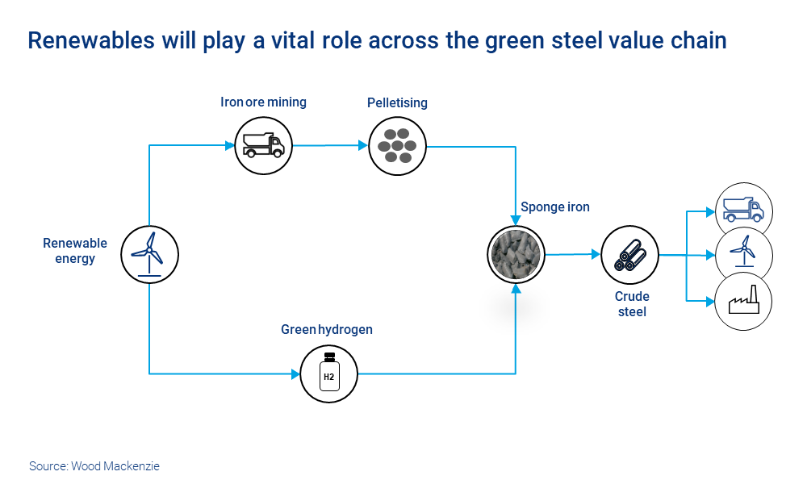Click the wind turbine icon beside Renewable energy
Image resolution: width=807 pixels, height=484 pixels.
149,254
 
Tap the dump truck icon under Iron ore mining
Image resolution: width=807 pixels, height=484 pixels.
263,145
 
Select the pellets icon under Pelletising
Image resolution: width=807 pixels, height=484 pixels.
397,146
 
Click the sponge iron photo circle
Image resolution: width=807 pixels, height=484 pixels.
517,254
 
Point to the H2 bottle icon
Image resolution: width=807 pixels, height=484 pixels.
328,373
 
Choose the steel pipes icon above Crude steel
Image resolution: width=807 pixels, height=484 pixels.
630,254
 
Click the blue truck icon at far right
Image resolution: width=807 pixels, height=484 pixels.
743,210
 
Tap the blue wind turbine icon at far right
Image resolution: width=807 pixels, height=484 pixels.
743,254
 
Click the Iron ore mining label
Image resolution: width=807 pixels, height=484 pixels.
263,102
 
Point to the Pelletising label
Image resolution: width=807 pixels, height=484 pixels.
397,102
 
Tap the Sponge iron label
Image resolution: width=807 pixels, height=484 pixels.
555,207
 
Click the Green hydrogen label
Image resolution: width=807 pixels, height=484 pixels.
327,329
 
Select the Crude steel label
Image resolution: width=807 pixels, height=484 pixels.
632,304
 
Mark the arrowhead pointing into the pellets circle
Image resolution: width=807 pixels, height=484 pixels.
362,146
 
